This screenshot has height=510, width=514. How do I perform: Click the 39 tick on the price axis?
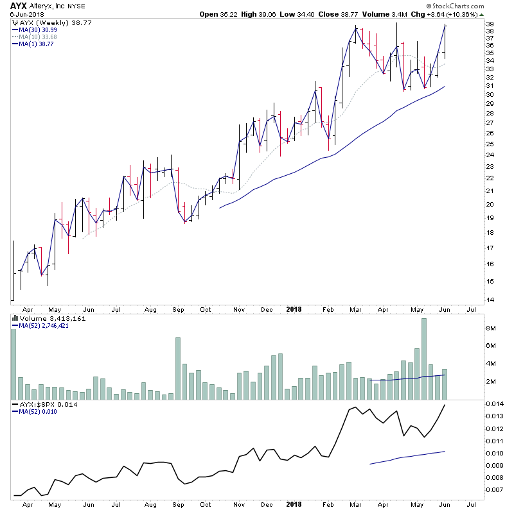[490, 24]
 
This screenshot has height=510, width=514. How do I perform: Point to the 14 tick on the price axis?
[490, 300]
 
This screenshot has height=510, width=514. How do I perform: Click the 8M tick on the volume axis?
[491, 328]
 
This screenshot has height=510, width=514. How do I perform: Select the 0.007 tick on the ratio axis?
[494, 490]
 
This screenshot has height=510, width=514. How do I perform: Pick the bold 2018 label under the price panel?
[293, 309]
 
